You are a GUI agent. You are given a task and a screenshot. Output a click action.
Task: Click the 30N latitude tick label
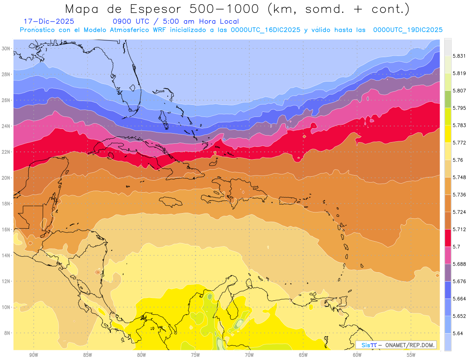6,49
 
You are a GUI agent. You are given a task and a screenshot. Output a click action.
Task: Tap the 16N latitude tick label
6,230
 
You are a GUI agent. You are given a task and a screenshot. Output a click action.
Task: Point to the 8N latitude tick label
7,333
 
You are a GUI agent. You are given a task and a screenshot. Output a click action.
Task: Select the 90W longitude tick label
33,355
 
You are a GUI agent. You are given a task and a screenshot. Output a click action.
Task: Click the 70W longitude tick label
249,355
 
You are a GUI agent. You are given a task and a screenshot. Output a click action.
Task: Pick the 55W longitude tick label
411,355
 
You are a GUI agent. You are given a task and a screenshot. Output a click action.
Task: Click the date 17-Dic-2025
49,21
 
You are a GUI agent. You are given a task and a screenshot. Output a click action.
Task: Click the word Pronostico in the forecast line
38,30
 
